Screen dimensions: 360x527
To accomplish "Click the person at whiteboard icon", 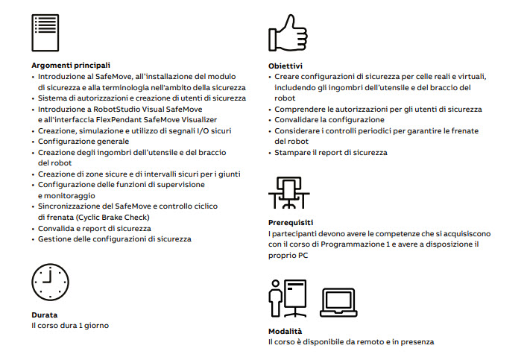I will [287, 298].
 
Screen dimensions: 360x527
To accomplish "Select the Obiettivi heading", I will [285, 66].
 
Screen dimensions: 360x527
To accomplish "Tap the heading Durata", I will [44, 315].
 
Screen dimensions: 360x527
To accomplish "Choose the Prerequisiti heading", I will [290, 222].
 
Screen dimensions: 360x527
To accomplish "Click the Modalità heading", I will [288, 331].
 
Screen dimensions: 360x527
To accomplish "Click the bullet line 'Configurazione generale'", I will [83, 141].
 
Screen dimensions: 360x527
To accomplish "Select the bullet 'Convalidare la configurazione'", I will [329, 119].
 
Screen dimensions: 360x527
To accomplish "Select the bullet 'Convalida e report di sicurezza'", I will [95, 228].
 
